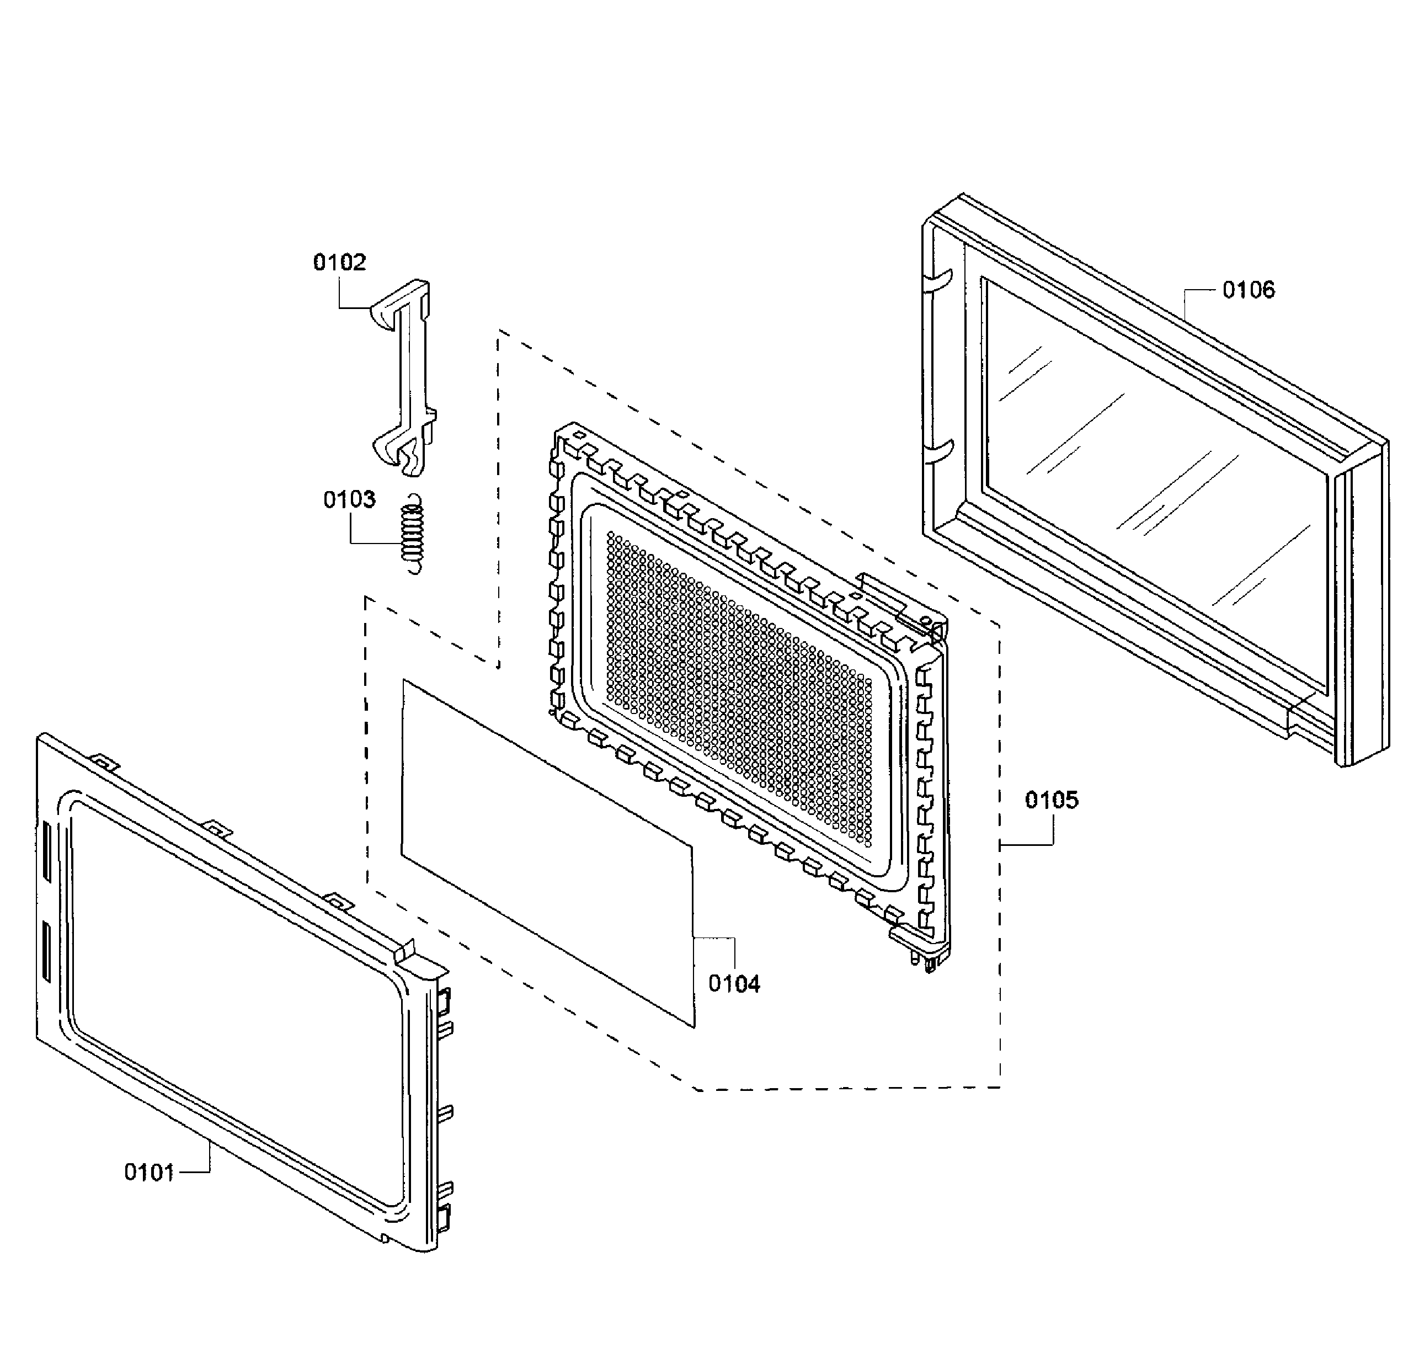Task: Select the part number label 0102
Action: pos(339,262)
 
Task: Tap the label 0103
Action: pos(349,499)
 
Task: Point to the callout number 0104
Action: pos(734,984)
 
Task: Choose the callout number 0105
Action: pos(1052,800)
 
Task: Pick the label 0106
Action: pos(1249,289)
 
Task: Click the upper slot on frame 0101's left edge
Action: pos(46,852)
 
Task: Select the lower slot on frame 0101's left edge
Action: pos(46,951)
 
